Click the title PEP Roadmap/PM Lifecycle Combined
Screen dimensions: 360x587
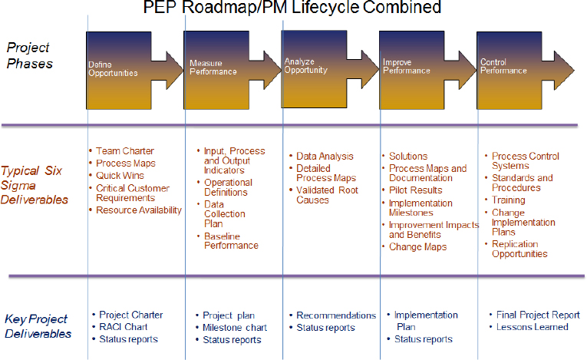[293, 8]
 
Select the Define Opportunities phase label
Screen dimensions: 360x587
[113, 69]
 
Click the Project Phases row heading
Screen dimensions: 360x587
[30, 55]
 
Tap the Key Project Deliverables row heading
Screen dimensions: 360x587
[36, 325]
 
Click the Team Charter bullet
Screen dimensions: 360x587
[125, 151]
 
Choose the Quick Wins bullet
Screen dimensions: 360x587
[121, 174]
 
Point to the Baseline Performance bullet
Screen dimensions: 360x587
[231, 240]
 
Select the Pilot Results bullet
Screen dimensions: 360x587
[415, 190]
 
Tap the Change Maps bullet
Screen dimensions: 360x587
[417, 247]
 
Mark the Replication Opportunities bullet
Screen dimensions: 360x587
[519, 249]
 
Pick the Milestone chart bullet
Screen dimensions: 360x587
[235, 328]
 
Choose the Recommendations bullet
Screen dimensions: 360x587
[335, 315]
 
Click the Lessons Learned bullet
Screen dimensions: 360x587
[533, 327]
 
